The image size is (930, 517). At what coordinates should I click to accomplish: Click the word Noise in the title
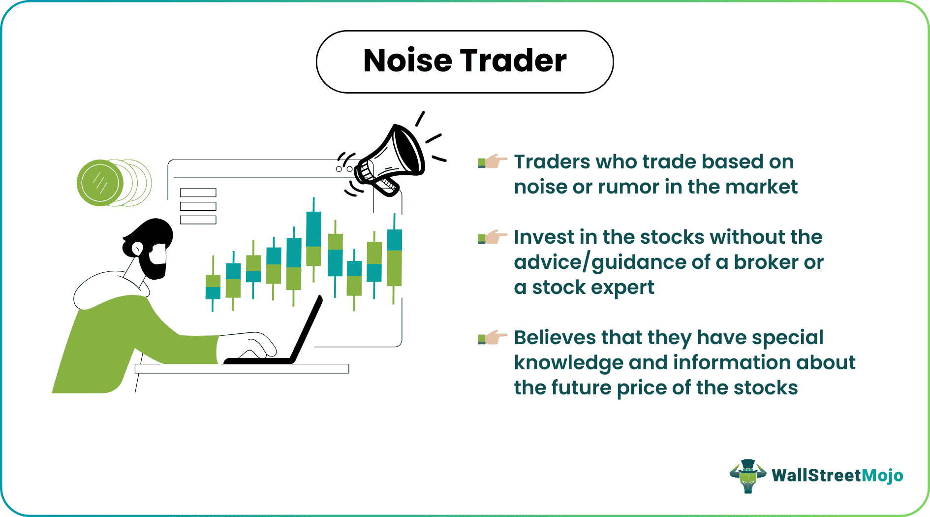pos(407,61)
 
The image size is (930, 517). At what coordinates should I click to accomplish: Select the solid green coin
pos(100,183)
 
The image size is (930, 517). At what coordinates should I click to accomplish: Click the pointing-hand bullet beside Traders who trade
pos(493,162)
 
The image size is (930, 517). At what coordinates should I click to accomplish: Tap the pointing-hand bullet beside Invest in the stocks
pos(493,237)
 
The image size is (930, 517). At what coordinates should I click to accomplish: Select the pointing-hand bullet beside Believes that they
pos(493,338)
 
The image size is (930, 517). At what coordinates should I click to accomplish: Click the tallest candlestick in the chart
pos(313,239)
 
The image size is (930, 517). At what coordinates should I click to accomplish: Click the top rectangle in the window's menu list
pos(198,193)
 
